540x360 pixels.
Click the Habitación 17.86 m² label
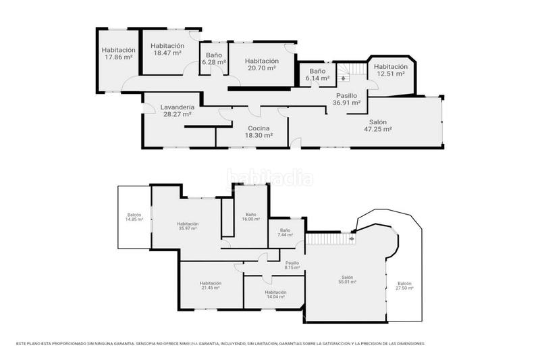coord(119,54)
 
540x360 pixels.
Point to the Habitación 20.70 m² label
coord(262,64)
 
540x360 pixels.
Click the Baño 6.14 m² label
coord(317,74)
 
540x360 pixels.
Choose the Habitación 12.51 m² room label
coord(391,70)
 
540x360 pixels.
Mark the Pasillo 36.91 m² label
coord(348,99)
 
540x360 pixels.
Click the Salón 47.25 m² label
coord(378,125)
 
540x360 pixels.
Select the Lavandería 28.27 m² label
coord(178,111)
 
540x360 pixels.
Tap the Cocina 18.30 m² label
coord(259,132)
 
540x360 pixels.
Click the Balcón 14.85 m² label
coord(134,217)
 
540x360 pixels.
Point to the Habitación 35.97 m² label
coord(188,226)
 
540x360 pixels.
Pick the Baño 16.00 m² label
coord(251,217)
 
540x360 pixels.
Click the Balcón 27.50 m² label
coord(404,286)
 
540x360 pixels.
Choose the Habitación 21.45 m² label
coord(211,286)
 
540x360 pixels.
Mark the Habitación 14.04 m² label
coord(275,294)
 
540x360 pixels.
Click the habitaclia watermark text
coord(270,179)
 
